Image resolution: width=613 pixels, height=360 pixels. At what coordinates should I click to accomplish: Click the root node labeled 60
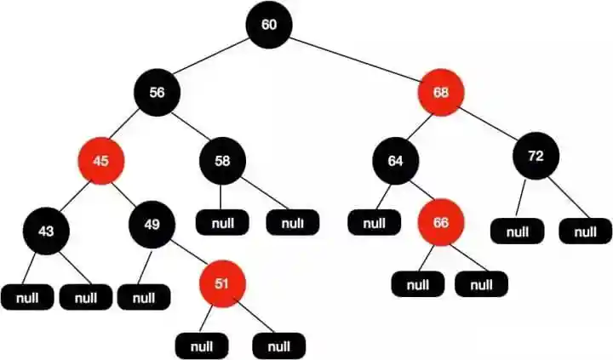[269, 25]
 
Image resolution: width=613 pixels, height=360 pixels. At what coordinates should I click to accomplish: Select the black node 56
[157, 93]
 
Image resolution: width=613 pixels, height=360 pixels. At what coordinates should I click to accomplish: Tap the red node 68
[441, 93]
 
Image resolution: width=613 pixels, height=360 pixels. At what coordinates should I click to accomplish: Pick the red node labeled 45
[100, 159]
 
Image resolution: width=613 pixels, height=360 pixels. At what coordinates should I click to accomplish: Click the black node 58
[222, 160]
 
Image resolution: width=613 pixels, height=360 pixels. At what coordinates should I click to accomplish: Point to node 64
[395, 159]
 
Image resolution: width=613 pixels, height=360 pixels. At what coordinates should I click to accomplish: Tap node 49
[152, 226]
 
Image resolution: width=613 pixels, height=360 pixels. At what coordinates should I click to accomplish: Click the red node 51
[221, 283]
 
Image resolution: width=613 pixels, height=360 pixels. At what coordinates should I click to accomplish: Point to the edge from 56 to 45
[129, 126]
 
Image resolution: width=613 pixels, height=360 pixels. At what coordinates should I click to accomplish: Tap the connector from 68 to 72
[489, 125]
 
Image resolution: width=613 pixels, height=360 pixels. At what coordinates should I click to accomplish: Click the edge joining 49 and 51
[186, 254]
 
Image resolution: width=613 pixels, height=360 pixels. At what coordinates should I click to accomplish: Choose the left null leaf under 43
[26, 298]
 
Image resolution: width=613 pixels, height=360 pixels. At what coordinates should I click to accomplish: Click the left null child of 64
[373, 224]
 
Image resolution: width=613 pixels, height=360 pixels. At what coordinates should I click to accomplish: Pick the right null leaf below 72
[585, 231]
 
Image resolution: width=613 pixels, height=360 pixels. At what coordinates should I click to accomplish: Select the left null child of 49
[144, 298]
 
